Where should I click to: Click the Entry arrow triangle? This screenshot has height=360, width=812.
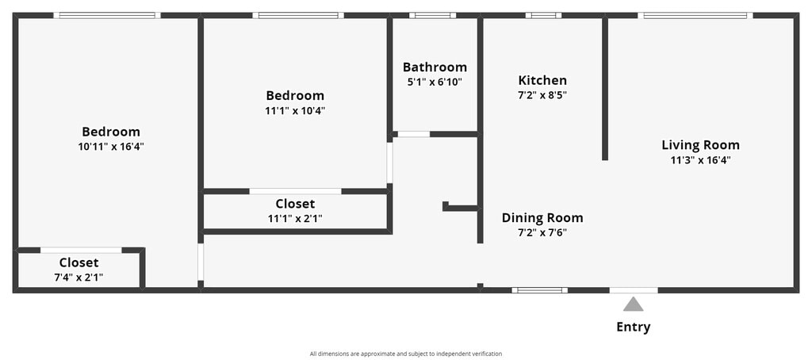tap(633, 304)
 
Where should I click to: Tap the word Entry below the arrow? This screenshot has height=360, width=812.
tap(633, 327)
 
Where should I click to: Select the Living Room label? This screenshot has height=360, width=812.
tap(700, 145)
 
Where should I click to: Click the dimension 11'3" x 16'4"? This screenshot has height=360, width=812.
tap(700, 160)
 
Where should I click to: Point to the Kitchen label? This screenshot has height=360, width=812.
tap(542, 80)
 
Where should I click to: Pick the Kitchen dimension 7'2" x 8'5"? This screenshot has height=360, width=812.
tap(542, 95)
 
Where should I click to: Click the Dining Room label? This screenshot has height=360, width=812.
tap(542, 217)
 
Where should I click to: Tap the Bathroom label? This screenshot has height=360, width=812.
tap(435, 67)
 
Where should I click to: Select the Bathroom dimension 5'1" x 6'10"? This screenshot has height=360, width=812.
tap(435, 82)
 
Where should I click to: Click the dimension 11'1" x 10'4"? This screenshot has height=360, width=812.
tap(295, 110)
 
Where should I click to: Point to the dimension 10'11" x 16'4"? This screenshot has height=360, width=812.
tap(111, 147)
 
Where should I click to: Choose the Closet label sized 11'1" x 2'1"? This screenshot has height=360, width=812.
tap(295, 204)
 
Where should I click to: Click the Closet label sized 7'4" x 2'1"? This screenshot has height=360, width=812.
tap(79, 262)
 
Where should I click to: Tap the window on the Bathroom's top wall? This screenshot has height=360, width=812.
tap(432, 16)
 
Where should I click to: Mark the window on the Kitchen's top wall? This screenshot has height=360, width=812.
tap(543, 16)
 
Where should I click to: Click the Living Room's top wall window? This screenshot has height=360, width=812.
tap(695, 16)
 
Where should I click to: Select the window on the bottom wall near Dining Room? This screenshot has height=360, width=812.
tap(539, 290)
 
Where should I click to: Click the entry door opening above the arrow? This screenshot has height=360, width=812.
tap(634, 290)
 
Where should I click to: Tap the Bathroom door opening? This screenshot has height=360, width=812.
tap(414, 134)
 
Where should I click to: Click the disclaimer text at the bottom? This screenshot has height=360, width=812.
tap(406, 354)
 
